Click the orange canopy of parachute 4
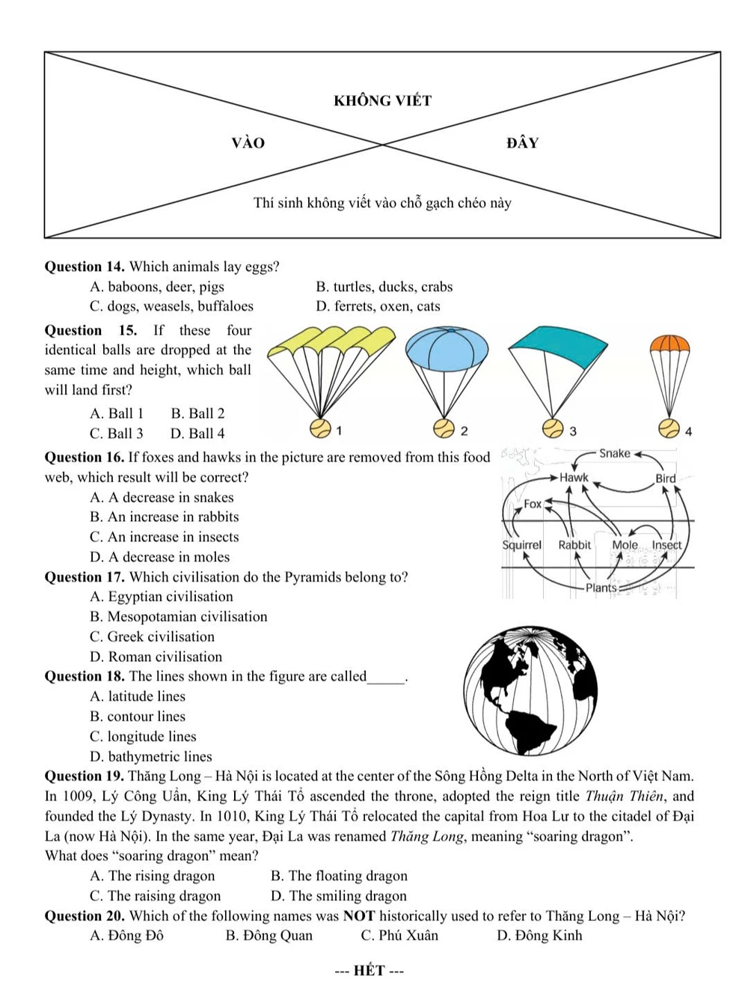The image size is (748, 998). pyautogui.click(x=669, y=344)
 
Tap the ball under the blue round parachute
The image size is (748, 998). pyautogui.click(x=444, y=429)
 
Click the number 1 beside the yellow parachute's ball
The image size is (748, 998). pyautogui.click(x=340, y=430)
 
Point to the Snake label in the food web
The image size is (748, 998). pyautogui.click(x=615, y=454)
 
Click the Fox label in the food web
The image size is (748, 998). pyautogui.click(x=533, y=504)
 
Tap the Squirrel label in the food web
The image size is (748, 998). pyautogui.click(x=521, y=545)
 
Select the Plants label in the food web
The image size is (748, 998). pyautogui.click(x=601, y=588)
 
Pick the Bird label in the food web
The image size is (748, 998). pyautogui.click(x=665, y=478)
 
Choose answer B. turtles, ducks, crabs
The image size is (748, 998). pyautogui.click(x=384, y=287)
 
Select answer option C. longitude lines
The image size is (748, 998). pyautogui.click(x=143, y=737)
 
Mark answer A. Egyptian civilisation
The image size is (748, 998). pyautogui.click(x=162, y=597)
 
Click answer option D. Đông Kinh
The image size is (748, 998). pyautogui.click(x=539, y=936)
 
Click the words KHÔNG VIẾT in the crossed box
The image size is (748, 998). pyautogui.click(x=382, y=101)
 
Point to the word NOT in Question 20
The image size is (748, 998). pyautogui.click(x=358, y=916)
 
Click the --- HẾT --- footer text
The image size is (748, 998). pyautogui.click(x=369, y=971)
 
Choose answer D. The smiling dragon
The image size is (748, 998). pyautogui.click(x=339, y=896)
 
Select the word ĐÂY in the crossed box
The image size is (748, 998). pyautogui.click(x=522, y=143)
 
